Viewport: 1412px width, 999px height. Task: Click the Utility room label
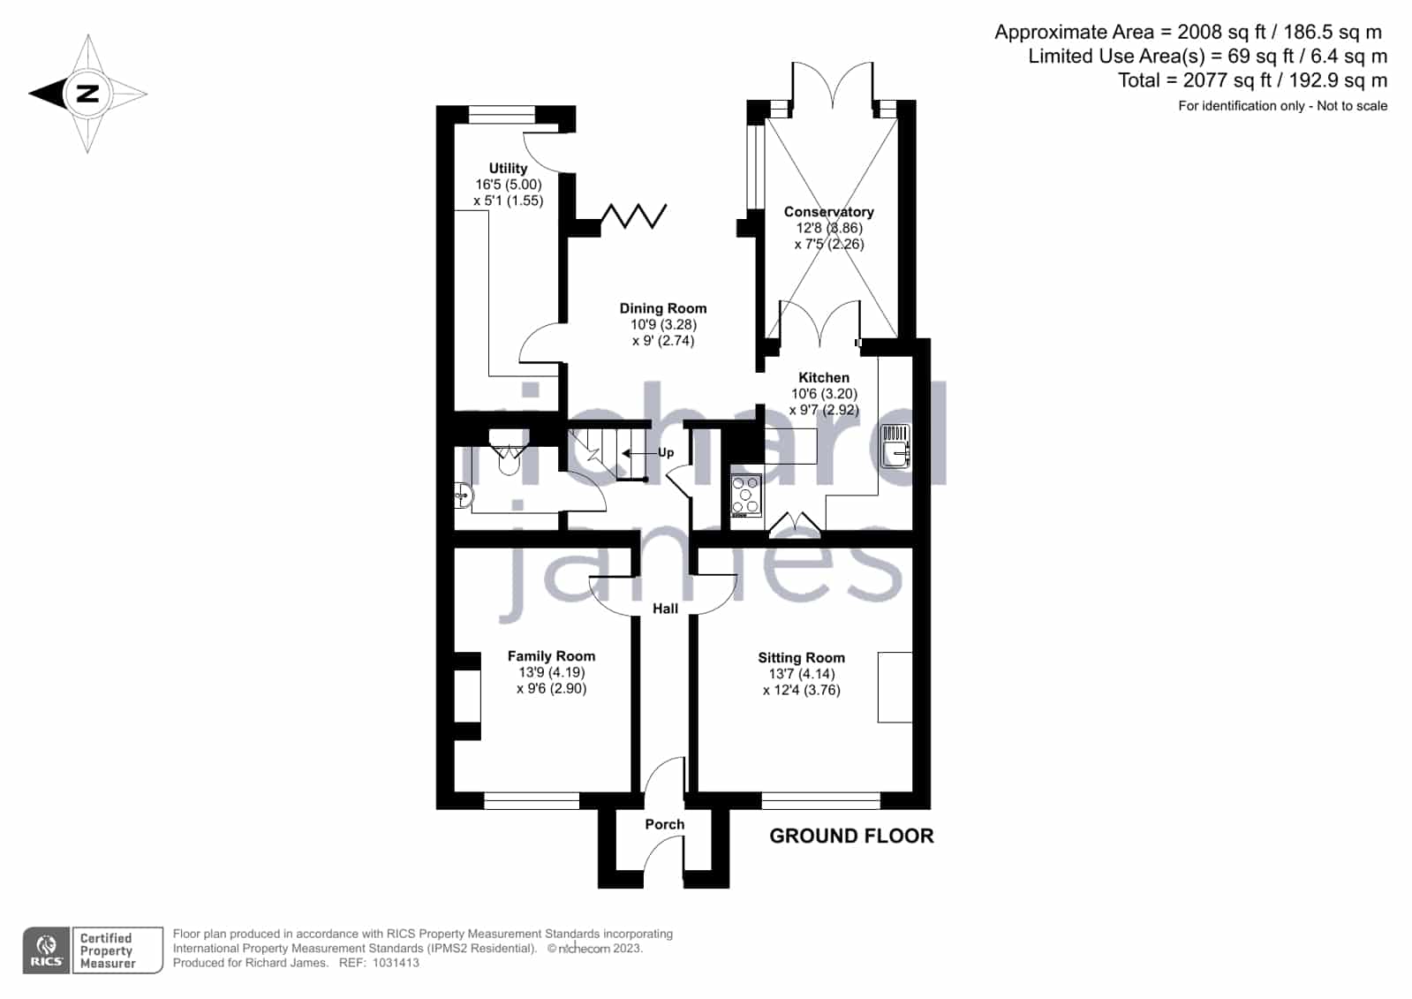[x=508, y=169]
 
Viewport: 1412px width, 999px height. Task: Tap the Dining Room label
[x=663, y=308]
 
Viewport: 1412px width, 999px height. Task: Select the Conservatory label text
[x=829, y=212]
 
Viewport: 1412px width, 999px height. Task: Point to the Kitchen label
[x=824, y=378]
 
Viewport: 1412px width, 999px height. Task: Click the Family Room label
[x=552, y=656]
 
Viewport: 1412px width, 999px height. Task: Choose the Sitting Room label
[x=801, y=658]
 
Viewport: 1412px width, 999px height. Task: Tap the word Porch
[x=664, y=824]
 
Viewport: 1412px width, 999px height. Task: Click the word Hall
[x=665, y=609]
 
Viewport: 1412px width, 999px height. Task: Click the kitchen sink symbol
[x=895, y=446]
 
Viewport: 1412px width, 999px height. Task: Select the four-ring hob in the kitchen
[x=746, y=496]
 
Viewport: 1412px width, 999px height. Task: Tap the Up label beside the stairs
[x=666, y=453]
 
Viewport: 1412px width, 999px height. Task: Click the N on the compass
[x=87, y=94]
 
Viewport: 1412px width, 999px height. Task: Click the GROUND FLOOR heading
[x=851, y=836]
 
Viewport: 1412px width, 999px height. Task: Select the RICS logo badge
[x=47, y=950]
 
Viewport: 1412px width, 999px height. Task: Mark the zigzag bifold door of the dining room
[x=632, y=216]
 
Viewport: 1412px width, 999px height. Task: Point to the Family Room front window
[x=532, y=801]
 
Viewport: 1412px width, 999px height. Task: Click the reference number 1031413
[x=396, y=963]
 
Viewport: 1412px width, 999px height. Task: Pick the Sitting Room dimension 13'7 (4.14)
[x=801, y=674]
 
